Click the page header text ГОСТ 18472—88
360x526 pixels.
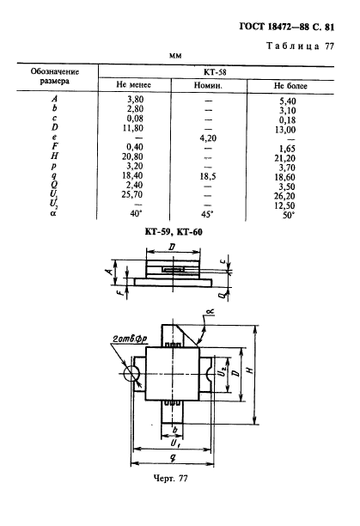[273, 27]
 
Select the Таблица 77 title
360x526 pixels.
[301, 46]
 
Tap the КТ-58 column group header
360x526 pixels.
[215, 72]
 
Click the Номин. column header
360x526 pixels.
[208, 85]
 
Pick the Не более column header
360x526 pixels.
[290, 86]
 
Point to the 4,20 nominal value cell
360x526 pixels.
[208, 138]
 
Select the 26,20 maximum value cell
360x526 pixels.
[285, 196]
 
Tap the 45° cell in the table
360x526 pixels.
[207, 214]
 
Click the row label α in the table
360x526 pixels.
[53, 212]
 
